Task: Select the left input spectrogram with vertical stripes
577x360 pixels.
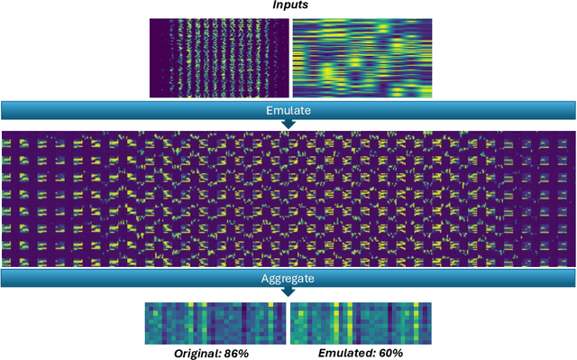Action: coord(219,58)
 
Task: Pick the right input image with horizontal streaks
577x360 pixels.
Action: coord(361,58)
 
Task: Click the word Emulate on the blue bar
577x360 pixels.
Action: coord(288,110)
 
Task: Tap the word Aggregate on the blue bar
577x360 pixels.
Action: coord(288,279)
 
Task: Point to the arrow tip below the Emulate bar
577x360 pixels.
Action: coord(288,125)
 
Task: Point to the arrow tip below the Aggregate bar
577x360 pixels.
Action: coord(288,294)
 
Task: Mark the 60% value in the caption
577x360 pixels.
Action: coord(385,354)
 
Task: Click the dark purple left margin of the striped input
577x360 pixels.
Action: coord(155,58)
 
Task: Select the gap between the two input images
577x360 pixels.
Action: coord(290,58)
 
